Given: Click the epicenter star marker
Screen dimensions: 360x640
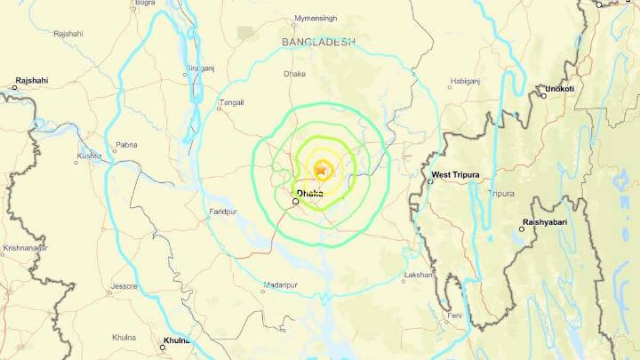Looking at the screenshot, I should click(x=321, y=167).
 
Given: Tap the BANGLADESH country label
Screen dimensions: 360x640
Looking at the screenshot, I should click(x=318, y=42).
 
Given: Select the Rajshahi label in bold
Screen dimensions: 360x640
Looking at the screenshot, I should click(x=31, y=81).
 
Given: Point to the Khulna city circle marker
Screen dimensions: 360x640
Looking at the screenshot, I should click(x=163, y=346).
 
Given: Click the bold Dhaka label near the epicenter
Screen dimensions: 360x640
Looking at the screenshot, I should click(x=310, y=192).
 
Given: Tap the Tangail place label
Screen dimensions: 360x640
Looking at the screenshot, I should click(x=230, y=102).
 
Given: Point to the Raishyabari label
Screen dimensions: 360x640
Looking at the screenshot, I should click(x=545, y=222).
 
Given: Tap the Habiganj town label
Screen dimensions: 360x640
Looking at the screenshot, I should click(x=465, y=81).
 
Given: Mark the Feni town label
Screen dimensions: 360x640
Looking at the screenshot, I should click(x=454, y=316).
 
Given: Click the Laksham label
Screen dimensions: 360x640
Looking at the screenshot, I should click(x=417, y=276).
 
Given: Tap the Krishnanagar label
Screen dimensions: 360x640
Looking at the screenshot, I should click(x=24, y=248).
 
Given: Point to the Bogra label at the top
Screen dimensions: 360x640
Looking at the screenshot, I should click(x=145, y=4).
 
